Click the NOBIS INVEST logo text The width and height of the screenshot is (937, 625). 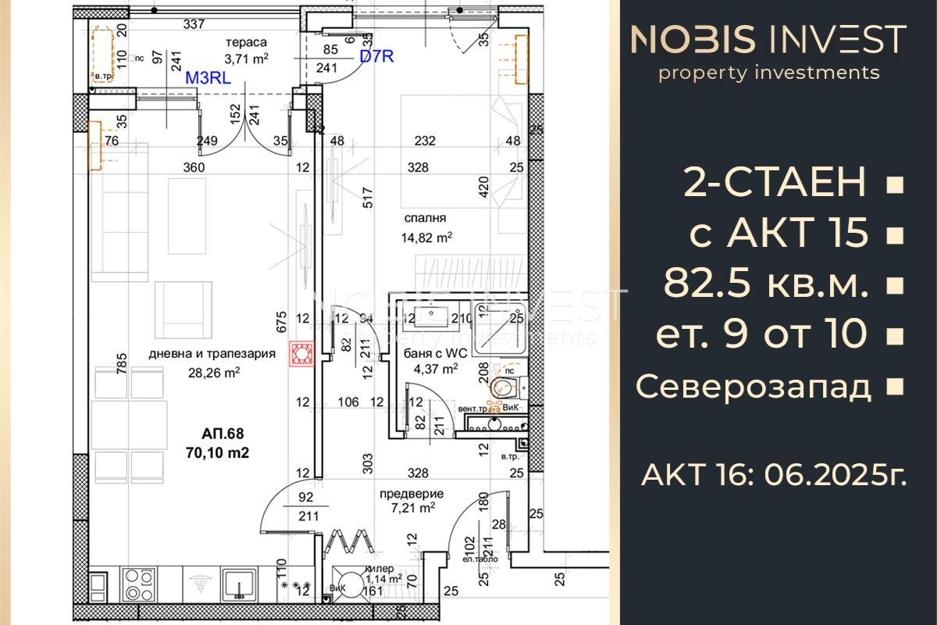coord(768,40)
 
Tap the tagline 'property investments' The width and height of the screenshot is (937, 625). coord(768,73)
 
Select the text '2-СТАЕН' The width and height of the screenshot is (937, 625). coord(775,184)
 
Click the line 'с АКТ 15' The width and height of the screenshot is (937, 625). coord(779,234)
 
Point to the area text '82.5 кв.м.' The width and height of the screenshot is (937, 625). coord(765,285)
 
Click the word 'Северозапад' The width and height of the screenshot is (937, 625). coord(754,386)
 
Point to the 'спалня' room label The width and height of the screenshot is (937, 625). coord(425,219)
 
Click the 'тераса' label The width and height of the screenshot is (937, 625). coord(246,42)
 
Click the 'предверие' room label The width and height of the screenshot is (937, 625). coord(411,493)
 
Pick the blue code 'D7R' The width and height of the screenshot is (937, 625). coord(377,57)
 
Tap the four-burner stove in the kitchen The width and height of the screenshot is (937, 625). coord(139,583)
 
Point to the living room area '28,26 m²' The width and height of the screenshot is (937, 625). coord(211,373)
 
